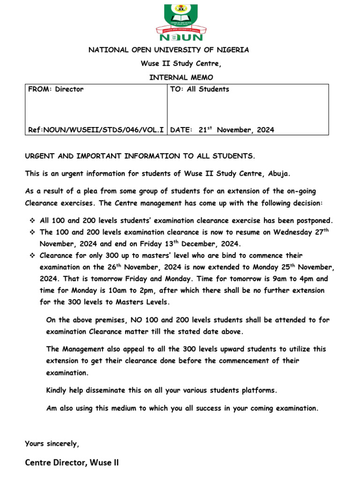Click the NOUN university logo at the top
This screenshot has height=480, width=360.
coord(180,22)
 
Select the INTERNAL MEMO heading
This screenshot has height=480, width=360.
coord(180,77)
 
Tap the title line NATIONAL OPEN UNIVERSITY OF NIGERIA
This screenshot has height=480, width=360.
coord(169,50)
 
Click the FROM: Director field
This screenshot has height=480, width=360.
coord(56,89)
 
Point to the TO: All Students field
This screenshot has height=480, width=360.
coord(200,89)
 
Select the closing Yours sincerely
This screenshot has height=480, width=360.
coord(52,443)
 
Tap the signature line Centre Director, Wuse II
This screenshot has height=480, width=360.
coord(72,463)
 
